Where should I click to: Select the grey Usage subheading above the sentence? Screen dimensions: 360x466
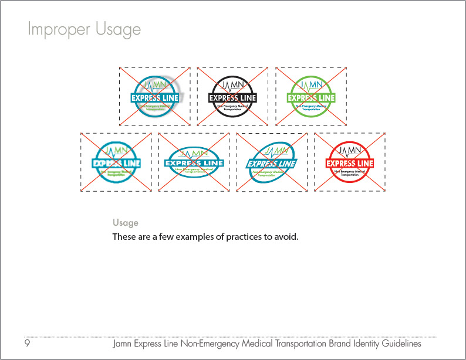[x=126, y=223]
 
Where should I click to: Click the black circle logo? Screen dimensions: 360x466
[x=233, y=96]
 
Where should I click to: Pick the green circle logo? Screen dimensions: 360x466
[x=311, y=96]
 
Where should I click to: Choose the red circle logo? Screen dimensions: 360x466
[x=350, y=162]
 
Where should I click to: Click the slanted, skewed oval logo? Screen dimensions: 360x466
[x=272, y=162]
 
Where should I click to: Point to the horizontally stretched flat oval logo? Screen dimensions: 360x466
[x=194, y=162]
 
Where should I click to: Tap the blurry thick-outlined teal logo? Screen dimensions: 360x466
[x=116, y=162]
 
